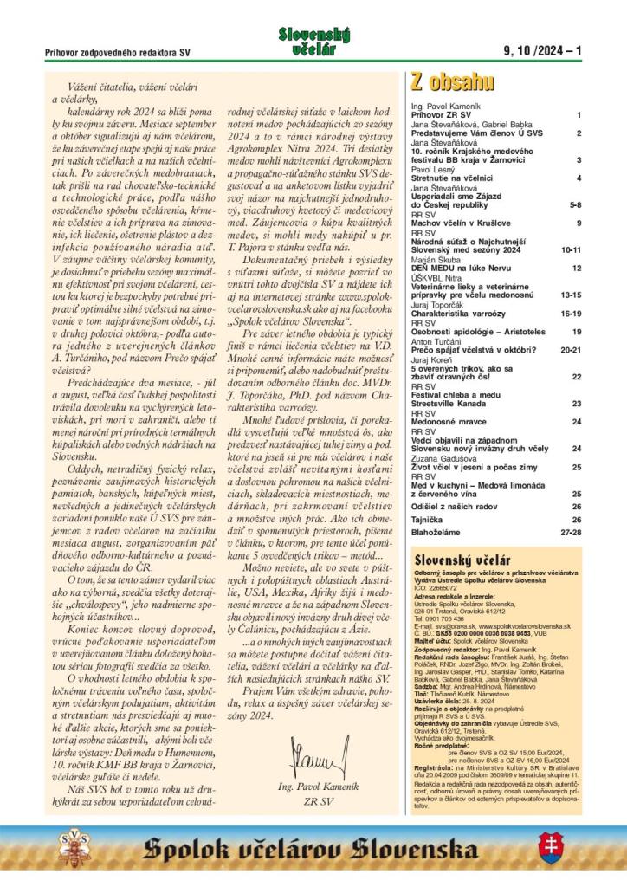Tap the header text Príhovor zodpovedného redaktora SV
click(x=118, y=53)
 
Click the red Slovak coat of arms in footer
click(x=546, y=849)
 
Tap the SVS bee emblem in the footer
click(x=71, y=849)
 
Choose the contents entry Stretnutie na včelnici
click(x=452, y=178)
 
